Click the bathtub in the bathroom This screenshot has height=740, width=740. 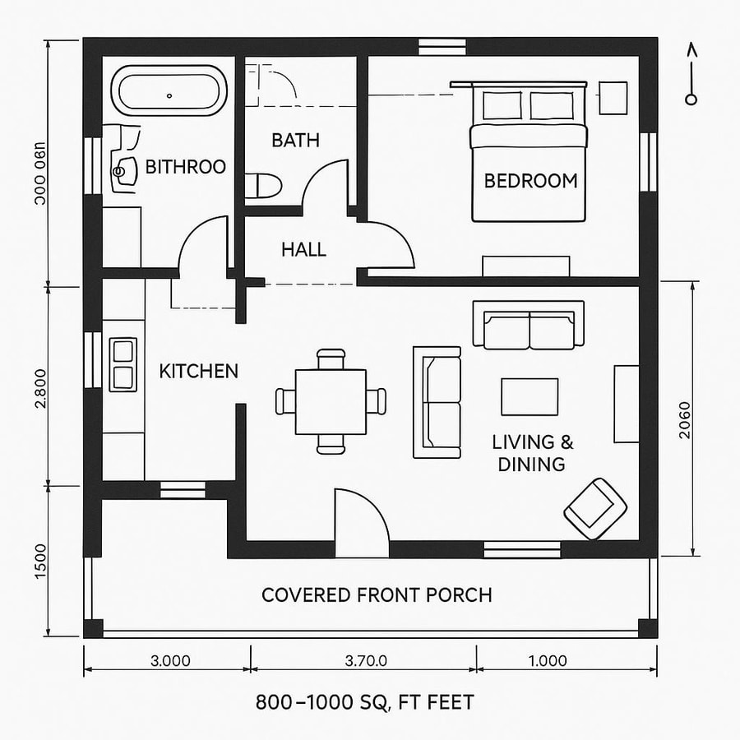coord(169,93)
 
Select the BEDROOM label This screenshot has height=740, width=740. coord(530,181)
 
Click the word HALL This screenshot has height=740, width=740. coord(303,249)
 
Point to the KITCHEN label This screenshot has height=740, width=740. coord(198,372)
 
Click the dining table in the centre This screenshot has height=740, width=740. coord(331,401)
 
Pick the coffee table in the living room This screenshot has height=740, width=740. coord(530,397)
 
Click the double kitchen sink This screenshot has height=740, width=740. coord(123,364)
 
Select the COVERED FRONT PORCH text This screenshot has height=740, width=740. coord(376,594)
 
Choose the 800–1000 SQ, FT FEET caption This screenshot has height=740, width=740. coord(364,703)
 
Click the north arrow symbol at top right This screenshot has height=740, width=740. coord(691,75)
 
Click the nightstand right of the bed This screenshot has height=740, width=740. coord(613,98)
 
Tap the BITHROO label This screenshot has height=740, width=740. coord(185,167)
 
